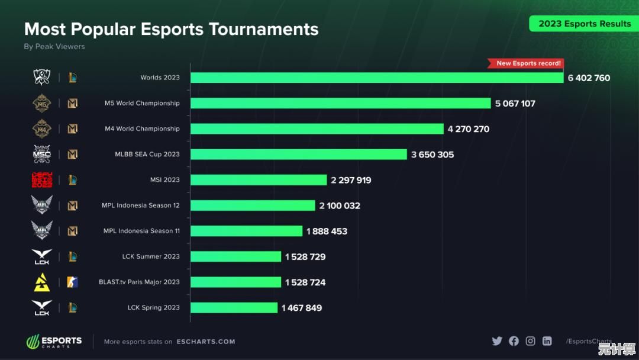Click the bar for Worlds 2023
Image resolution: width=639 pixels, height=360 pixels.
377,78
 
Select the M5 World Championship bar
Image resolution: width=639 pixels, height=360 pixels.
340,103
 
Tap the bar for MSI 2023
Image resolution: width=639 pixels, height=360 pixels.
259,180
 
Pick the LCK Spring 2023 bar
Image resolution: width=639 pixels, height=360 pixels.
234,308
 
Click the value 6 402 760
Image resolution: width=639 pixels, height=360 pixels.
589,78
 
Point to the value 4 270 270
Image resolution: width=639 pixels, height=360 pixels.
468,129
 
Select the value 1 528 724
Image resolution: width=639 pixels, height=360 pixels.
305,282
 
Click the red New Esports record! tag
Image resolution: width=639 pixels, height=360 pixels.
525,63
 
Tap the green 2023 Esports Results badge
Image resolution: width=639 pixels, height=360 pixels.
584,24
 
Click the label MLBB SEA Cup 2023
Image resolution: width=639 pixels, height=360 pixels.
147,155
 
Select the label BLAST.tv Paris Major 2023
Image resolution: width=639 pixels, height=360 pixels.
139,282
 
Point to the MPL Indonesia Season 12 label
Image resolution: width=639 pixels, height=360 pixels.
141,205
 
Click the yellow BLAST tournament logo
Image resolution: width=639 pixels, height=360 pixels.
41,282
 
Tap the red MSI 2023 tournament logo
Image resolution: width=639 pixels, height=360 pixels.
41,180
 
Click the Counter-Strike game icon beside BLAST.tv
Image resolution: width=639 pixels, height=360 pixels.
72,282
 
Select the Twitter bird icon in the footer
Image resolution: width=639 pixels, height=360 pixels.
497,341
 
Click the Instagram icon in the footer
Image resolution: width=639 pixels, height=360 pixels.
530,341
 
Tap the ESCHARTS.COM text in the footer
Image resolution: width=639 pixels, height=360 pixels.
214,342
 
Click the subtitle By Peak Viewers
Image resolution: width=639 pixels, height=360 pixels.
54,47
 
